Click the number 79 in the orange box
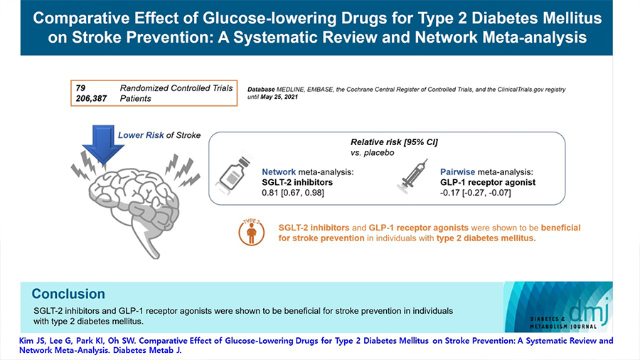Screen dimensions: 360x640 pyautogui.click(x=80, y=88)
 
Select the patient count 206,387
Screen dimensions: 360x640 pyautogui.click(x=91, y=98)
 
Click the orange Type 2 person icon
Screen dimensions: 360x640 pyautogui.click(x=249, y=232)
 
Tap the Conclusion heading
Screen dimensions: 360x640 pyautogui.click(x=68, y=294)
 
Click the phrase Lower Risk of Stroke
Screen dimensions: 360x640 pyautogui.click(x=159, y=135)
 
